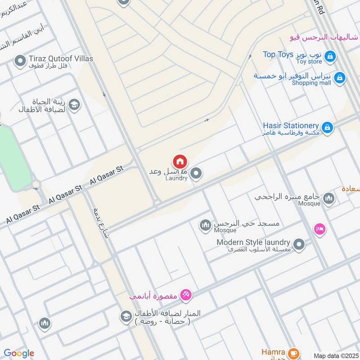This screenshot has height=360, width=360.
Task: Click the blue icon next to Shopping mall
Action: tap(340, 78)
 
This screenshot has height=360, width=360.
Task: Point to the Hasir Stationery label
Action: tap(291, 126)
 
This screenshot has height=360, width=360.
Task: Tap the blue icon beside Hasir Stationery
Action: tap(328, 128)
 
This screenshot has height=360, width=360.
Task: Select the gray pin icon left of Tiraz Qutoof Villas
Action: tap(20, 61)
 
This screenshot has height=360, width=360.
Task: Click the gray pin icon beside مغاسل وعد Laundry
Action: tap(196, 173)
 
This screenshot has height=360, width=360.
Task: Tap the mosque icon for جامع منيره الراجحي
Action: tap(329, 198)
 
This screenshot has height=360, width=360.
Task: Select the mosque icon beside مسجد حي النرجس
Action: tap(206, 225)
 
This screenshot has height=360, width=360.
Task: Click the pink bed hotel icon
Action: tap(320, 229)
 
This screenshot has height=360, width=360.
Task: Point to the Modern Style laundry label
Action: tap(254, 242)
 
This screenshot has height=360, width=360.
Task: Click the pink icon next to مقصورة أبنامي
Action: tap(185, 295)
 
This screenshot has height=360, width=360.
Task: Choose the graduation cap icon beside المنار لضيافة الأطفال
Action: tap(126, 316)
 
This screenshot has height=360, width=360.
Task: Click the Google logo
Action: tap(19, 353)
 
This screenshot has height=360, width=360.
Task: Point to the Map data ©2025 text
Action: tap(335, 356)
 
